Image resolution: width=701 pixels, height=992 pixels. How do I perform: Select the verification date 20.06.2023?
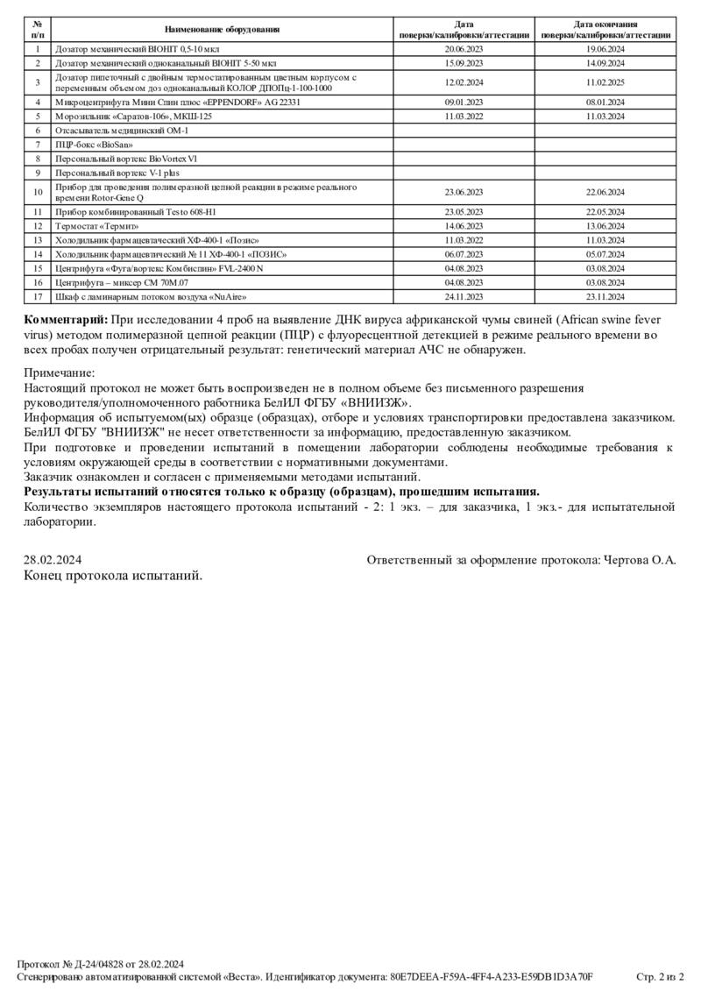[x=464, y=50]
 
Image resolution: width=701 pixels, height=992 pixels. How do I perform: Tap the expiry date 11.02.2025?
[x=605, y=82]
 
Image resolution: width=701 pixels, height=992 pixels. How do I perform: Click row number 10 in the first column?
[x=38, y=192]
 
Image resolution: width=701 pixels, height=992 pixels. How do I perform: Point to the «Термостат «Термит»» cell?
[x=96, y=225]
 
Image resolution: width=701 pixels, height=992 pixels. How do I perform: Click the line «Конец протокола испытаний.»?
[x=113, y=576]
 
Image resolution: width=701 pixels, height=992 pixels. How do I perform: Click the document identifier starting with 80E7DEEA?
[x=492, y=976]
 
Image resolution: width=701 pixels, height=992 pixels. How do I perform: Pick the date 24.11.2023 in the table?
[x=464, y=296]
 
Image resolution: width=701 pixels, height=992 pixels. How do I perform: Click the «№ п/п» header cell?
[x=38, y=30]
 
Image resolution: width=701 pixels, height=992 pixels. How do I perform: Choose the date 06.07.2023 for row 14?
[x=464, y=253]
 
